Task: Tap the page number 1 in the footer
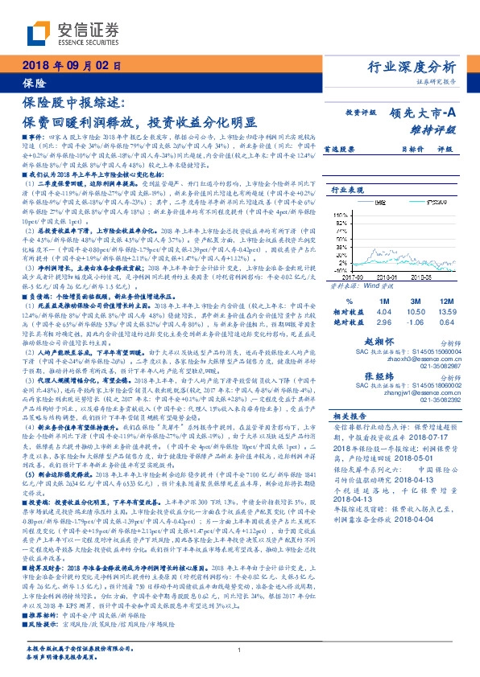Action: click(240, 650)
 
